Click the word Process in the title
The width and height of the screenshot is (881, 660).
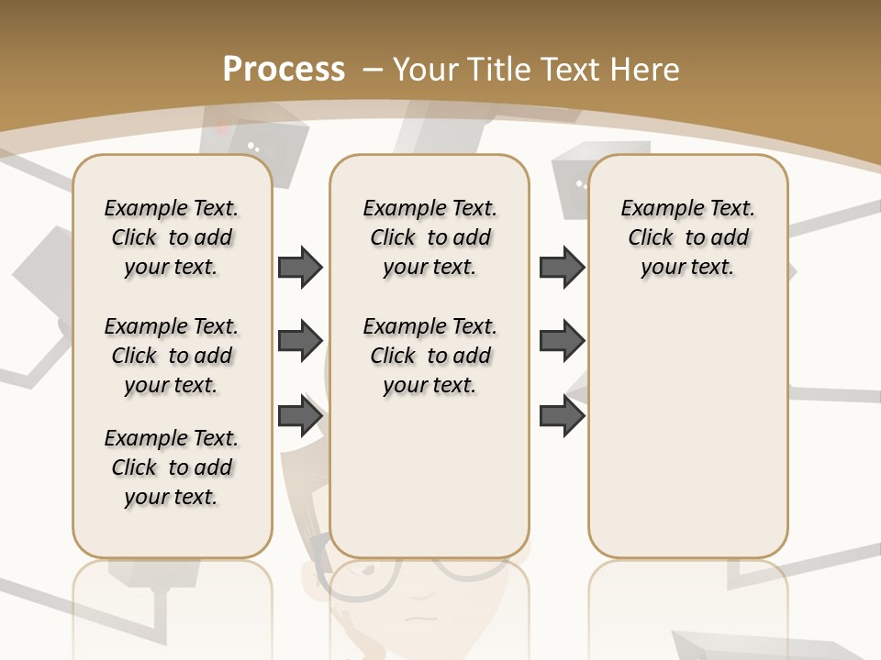pyautogui.click(x=284, y=70)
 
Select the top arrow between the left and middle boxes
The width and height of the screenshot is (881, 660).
pyautogui.click(x=300, y=267)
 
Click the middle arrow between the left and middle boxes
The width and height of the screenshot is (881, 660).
pyautogui.click(x=300, y=340)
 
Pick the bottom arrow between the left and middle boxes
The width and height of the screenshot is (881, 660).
pyautogui.click(x=300, y=415)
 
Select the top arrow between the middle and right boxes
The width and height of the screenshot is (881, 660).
pyautogui.click(x=562, y=267)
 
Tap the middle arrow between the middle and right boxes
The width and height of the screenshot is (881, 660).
pyautogui.click(x=562, y=340)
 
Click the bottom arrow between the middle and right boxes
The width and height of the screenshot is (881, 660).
pyautogui.click(x=562, y=415)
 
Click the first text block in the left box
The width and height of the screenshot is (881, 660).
pyautogui.click(x=172, y=237)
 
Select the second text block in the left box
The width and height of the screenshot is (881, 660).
pyautogui.click(x=172, y=356)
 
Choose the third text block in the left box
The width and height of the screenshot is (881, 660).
pyautogui.click(x=172, y=467)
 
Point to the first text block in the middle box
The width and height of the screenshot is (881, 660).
pyautogui.click(x=429, y=237)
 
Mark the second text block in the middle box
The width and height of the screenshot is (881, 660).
pyautogui.click(x=429, y=356)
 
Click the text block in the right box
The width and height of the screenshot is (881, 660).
pyautogui.click(x=687, y=237)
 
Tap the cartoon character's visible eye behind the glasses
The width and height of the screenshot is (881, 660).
pyautogui.click(x=369, y=571)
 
